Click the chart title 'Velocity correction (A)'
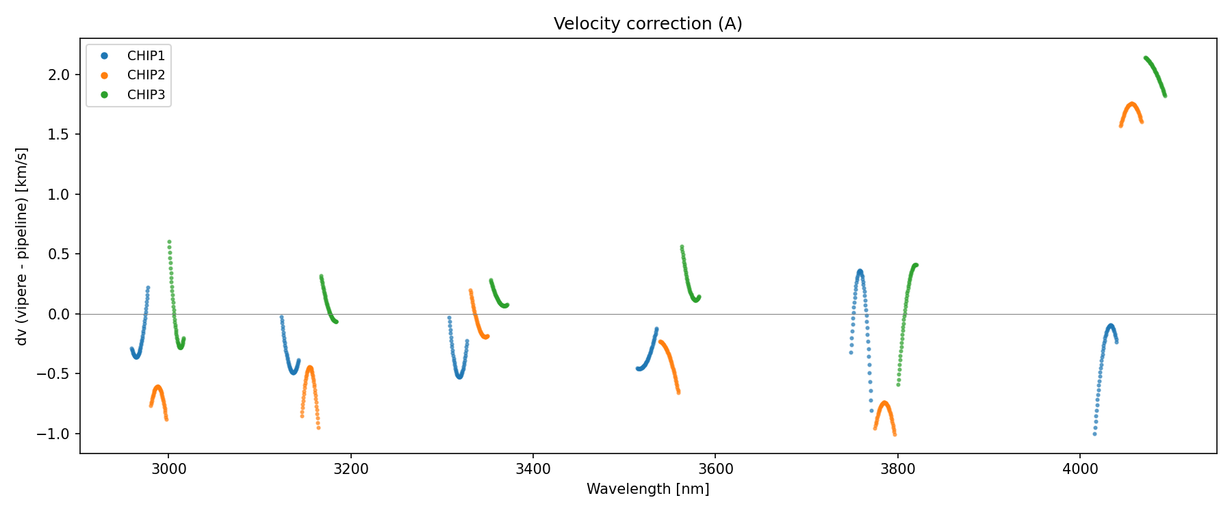click(x=647, y=24)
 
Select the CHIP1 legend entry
click(x=146, y=55)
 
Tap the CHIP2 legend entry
click(x=146, y=75)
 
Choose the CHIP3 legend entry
click(x=146, y=95)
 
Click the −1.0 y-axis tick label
click(x=56, y=434)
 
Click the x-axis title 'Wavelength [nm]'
click(x=647, y=489)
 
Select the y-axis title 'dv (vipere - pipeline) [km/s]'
click(x=22, y=246)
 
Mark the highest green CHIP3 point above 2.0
click(x=1146, y=58)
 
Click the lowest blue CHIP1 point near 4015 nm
click(x=1094, y=434)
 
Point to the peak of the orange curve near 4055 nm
click(x=1132, y=104)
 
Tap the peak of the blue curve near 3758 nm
click(x=860, y=271)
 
